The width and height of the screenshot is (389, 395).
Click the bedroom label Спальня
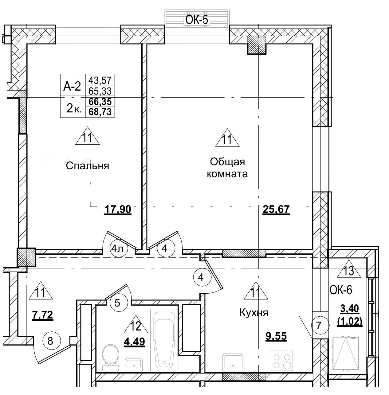click(88, 166)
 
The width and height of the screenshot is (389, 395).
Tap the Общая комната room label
click(227, 168)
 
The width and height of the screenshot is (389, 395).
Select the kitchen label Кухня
click(254, 313)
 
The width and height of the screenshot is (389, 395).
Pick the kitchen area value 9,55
click(276, 336)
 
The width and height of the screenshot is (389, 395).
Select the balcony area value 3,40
click(350, 308)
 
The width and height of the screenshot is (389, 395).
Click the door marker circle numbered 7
click(319, 325)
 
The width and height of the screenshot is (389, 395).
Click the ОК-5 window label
click(197, 20)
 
